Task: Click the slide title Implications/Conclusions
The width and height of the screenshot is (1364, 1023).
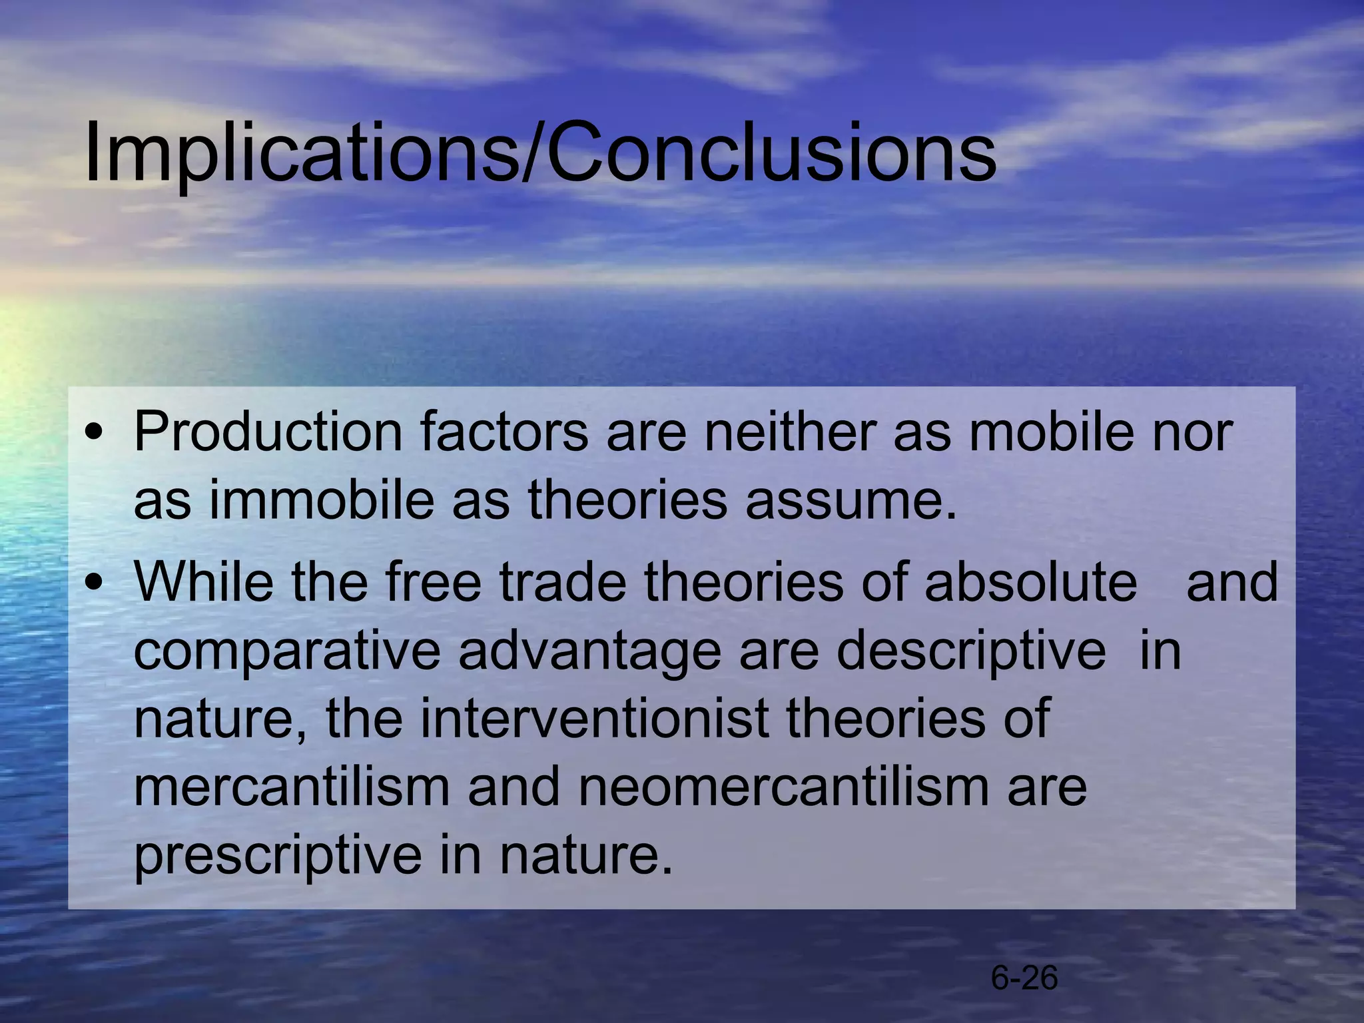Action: [x=539, y=152]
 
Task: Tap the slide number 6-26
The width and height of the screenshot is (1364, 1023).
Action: [x=1024, y=978]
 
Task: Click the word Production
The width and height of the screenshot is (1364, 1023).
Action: [x=268, y=432]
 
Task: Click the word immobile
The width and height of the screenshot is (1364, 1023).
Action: [x=322, y=500]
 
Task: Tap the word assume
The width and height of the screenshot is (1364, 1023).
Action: [x=851, y=502]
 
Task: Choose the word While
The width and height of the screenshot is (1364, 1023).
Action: [x=203, y=581]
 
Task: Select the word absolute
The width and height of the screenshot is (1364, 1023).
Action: [x=1030, y=581]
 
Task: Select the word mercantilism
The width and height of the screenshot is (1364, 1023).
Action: [x=292, y=787]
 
